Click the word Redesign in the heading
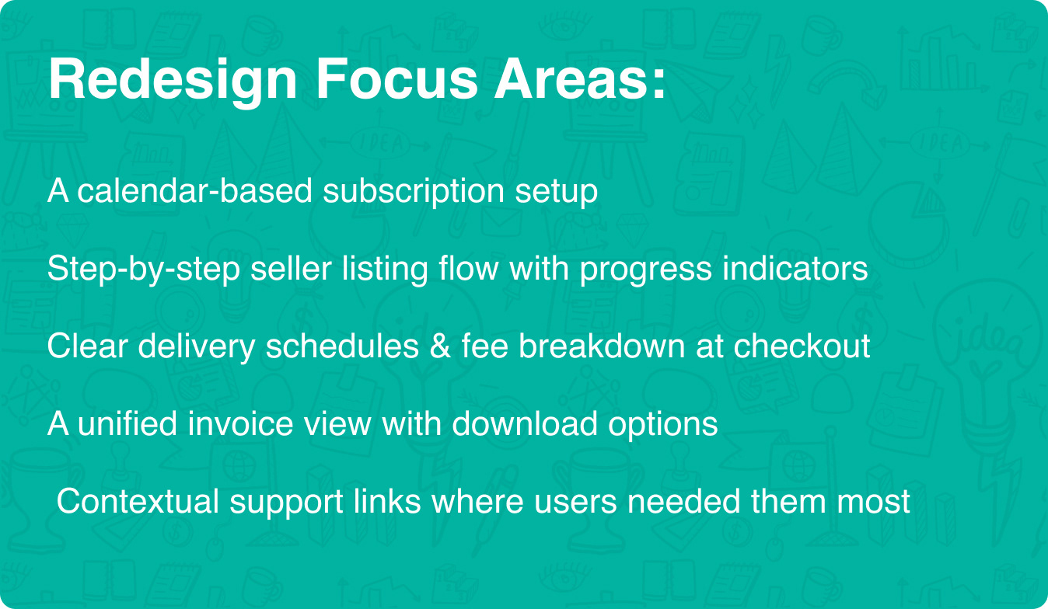173,80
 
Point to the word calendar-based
194,190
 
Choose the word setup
557,193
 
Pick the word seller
291,268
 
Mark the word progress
645,270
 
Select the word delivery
197,346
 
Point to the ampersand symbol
440,346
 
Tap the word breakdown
602,346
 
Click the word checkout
802,346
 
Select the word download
525,423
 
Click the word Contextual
138,501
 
